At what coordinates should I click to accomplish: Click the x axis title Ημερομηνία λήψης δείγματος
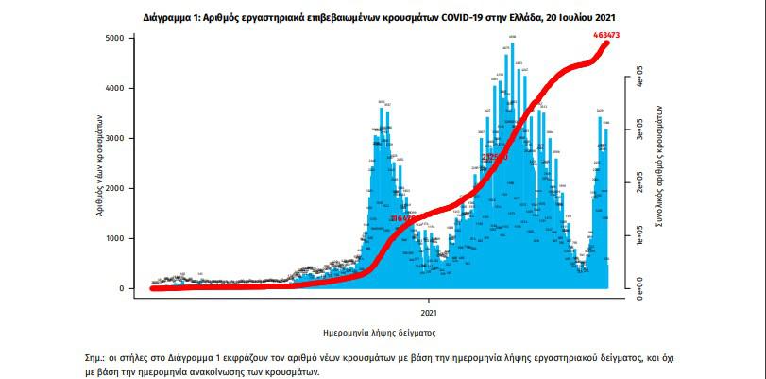[x=379, y=332]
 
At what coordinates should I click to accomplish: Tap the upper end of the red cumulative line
[x=604, y=42]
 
